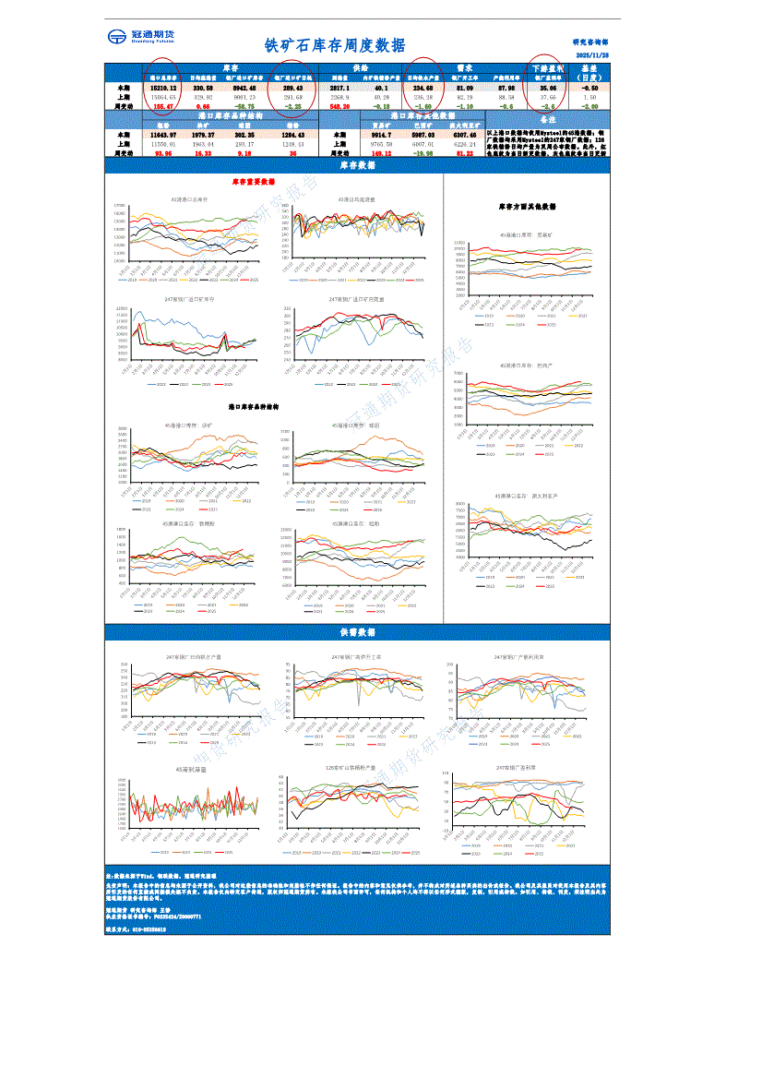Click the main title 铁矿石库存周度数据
(334, 44)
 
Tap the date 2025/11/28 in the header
(592, 55)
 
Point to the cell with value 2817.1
(339, 87)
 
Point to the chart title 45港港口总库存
(189, 199)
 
